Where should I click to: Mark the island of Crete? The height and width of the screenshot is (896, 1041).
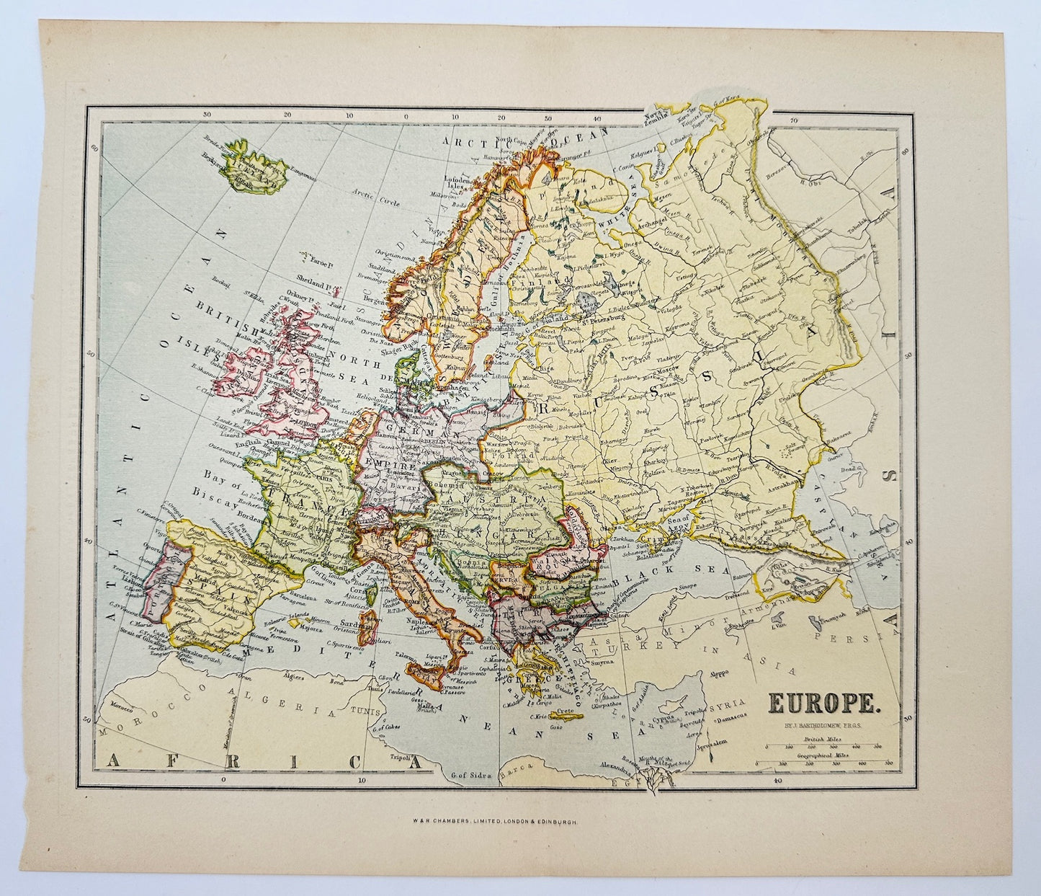[x=566, y=714]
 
